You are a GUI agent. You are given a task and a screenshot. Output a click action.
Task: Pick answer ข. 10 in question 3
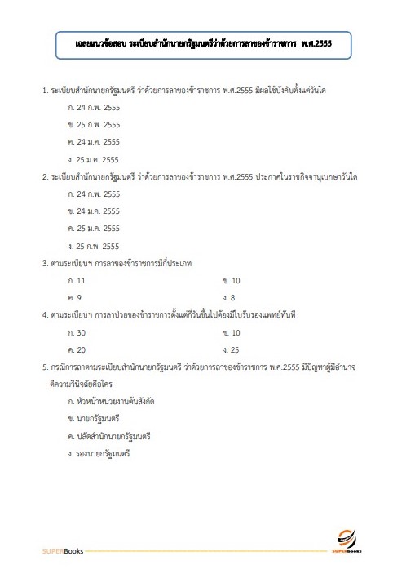pyautogui.click(x=231, y=281)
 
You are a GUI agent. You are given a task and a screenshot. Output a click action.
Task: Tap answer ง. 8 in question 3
pyautogui.click(x=229, y=298)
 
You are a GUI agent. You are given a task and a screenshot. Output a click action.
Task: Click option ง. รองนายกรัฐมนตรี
pyautogui.click(x=100, y=453)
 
